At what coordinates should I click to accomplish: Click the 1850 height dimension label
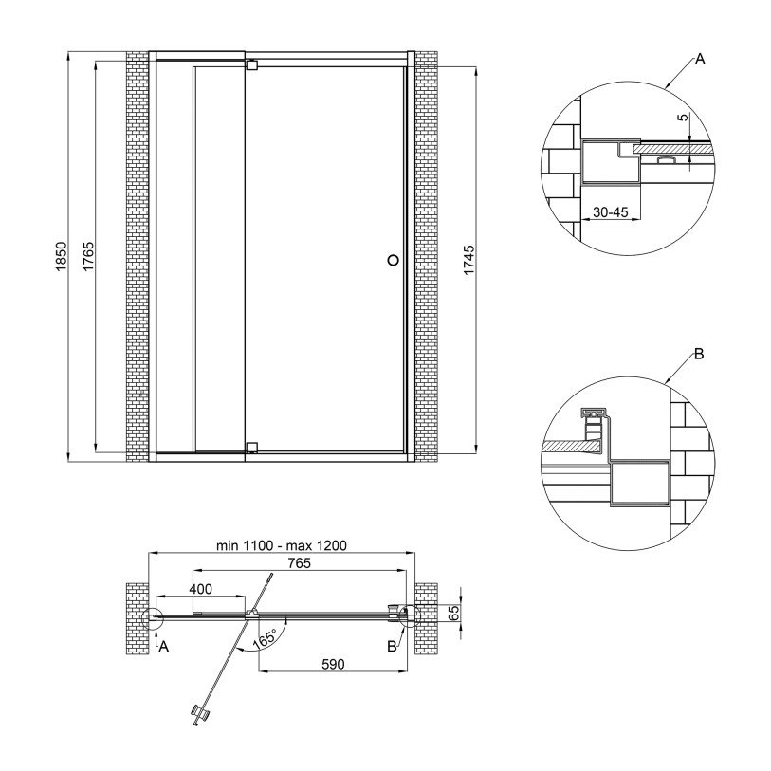(61, 256)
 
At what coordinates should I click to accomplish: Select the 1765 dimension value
(88, 256)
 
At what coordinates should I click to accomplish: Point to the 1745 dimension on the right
(469, 260)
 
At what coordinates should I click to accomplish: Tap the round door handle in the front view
(393, 260)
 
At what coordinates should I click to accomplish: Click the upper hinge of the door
(251, 64)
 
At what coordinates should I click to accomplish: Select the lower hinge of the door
(251, 447)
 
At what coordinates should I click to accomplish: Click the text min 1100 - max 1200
(282, 545)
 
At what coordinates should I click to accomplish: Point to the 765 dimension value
(300, 563)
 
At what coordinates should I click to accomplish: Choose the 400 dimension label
(200, 589)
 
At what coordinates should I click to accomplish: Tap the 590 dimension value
(333, 664)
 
